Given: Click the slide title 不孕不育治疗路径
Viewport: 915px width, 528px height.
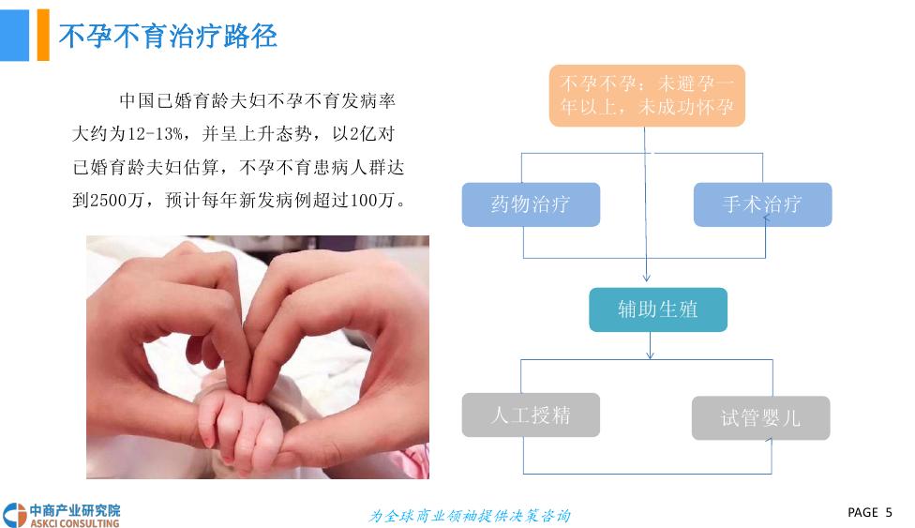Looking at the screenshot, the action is point(168,37).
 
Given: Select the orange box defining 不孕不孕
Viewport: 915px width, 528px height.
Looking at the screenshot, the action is point(646,95).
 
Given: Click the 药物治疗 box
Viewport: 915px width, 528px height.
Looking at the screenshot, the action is point(531,204).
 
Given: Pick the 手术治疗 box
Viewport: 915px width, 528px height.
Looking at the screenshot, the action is point(762,204).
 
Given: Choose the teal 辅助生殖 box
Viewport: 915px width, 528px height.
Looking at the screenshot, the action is point(657,309).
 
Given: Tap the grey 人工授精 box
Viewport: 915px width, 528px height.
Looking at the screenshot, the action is point(531,415).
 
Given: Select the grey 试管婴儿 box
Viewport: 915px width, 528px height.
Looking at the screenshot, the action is point(760,418).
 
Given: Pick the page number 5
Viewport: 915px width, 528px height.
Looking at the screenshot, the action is point(888,512).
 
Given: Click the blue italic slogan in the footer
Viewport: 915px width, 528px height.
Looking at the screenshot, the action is point(470,515).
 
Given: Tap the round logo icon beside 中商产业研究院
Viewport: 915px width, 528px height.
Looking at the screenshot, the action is point(14,515).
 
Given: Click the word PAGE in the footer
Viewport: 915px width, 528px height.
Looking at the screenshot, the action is point(862,512).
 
